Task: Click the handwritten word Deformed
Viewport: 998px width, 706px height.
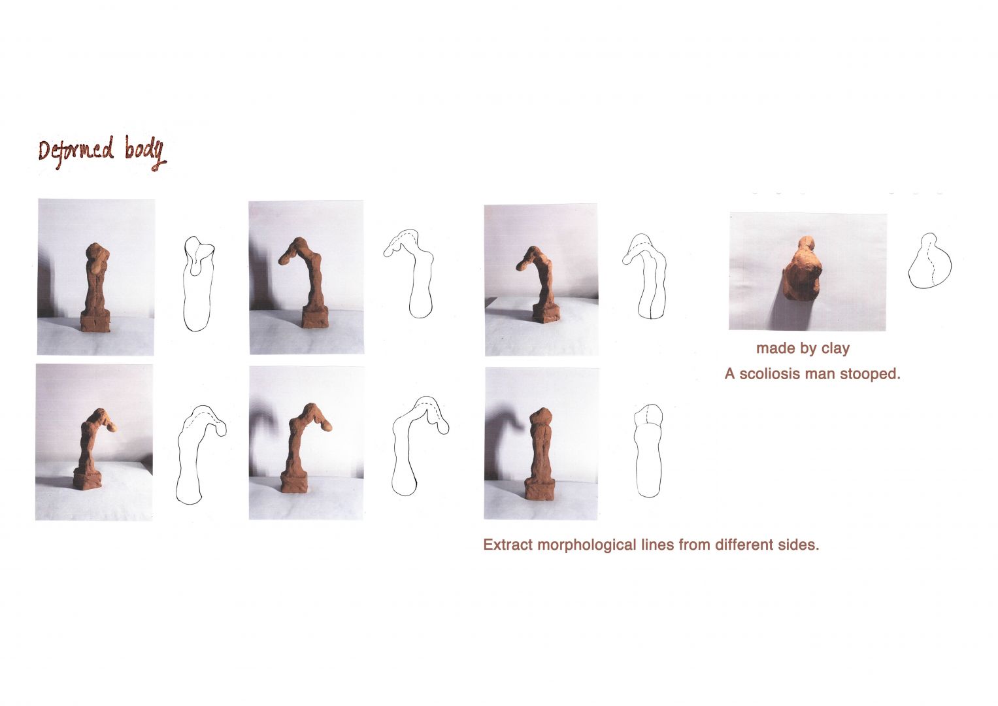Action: point(76,152)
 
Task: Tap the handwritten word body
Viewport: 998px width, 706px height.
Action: point(145,152)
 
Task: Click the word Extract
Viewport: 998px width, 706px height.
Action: point(508,545)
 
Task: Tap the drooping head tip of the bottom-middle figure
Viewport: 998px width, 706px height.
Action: point(327,427)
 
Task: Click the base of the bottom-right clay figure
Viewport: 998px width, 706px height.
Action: point(539,490)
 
